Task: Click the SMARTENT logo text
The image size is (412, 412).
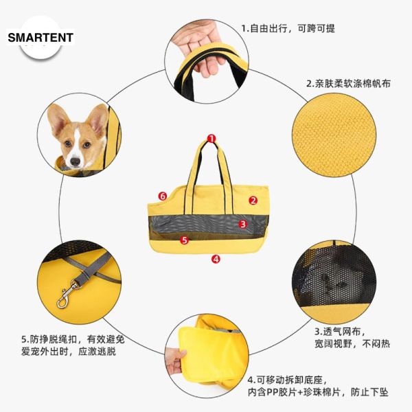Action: [41, 38]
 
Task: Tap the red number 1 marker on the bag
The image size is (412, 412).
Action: [211, 139]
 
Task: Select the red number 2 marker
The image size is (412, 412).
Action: [253, 201]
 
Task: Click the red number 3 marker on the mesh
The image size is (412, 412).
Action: [242, 224]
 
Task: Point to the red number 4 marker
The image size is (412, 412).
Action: [216, 259]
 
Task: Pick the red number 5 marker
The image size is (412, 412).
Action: [183, 240]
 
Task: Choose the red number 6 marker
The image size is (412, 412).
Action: [163, 196]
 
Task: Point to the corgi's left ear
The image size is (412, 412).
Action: [98, 118]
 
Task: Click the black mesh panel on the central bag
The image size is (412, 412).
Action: [206, 223]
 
